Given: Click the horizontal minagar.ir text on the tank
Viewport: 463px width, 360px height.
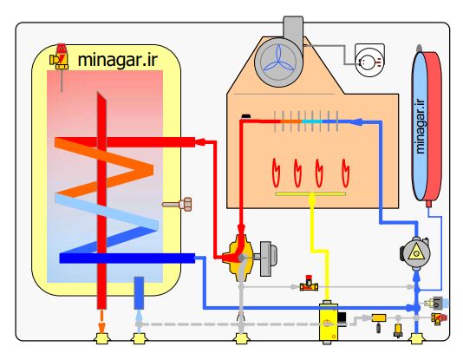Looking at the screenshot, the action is click(118, 60).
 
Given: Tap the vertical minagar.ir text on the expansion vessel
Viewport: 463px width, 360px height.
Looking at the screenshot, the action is click(421, 127).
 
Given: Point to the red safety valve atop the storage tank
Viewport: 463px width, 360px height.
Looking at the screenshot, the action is click(60, 57).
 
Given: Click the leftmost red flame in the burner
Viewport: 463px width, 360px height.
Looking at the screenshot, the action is click(276, 173).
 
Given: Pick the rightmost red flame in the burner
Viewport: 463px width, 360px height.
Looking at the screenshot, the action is click(345, 173).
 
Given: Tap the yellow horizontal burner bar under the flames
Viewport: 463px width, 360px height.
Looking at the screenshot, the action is click(310, 194).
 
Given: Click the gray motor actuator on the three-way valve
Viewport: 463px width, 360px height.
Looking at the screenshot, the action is click(268, 259).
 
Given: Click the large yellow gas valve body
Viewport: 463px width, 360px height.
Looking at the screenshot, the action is click(328, 323).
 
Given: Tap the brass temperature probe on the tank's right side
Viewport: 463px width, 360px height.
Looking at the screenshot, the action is click(177, 204).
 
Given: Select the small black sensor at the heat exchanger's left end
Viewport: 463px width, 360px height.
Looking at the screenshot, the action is click(246, 116).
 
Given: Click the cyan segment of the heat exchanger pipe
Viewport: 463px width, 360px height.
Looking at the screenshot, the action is click(312, 121).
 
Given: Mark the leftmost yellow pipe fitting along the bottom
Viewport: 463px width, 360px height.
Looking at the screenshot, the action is click(101, 338).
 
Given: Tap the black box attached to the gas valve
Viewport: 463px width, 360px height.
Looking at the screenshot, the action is click(342, 318).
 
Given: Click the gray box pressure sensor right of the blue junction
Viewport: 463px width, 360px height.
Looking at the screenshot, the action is click(437, 303).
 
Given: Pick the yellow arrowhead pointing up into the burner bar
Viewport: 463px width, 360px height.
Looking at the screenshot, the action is click(312, 199).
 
